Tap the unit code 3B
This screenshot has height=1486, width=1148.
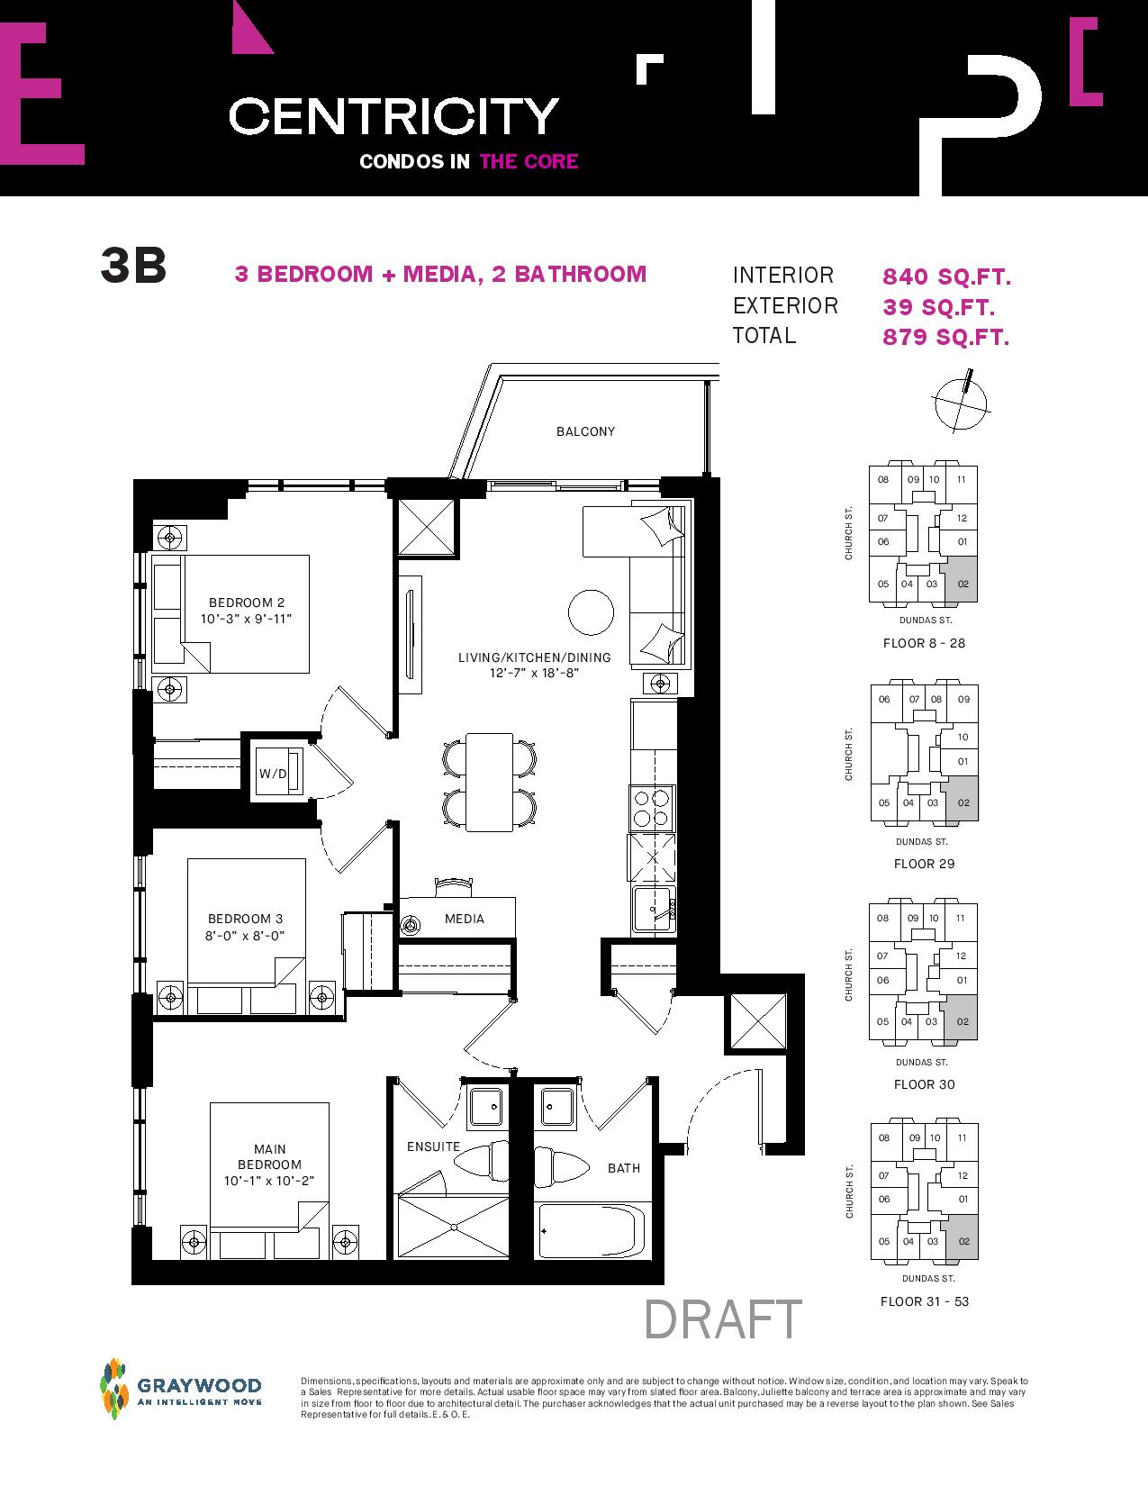(x=133, y=266)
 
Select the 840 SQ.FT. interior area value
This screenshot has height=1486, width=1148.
(x=946, y=276)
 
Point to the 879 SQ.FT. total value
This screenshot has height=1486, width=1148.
(x=945, y=337)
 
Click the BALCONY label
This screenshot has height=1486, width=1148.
(x=585, y=431)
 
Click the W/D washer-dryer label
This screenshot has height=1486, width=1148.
(x=273, y=774)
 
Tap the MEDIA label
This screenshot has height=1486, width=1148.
(x=465, y=919)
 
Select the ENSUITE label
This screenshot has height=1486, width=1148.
(x=433, y=1146)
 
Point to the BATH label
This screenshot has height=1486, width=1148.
(x=624, y=1168)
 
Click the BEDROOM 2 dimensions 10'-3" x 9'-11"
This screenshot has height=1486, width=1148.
(x=246, y=619)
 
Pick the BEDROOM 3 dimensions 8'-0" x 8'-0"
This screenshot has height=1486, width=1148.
(x=245, y=936)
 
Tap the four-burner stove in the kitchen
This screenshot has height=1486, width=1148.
(x=652, y=808)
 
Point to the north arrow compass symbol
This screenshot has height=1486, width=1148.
(x=962, y=402)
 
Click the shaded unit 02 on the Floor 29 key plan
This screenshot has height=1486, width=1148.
(x=962, y=800)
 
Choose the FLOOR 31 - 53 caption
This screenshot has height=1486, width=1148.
(x=925, y=1301)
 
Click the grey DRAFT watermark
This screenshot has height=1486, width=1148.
(x=723, y=1319)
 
